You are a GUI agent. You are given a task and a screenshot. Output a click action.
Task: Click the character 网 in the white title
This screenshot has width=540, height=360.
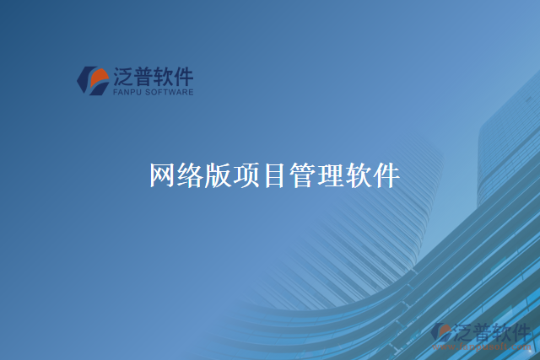tap(163, 175)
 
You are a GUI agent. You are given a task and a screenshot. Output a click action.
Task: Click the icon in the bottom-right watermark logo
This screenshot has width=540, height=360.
tap(441, 333)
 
